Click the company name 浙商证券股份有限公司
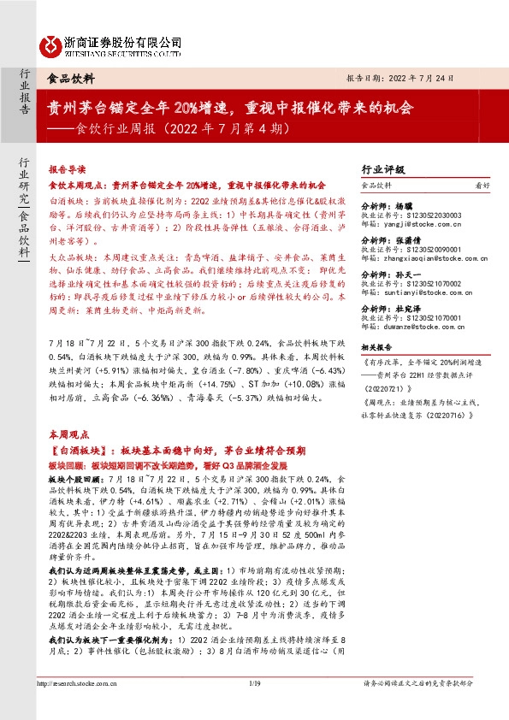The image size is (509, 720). coord(122,40)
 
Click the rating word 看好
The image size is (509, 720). coord(482,184)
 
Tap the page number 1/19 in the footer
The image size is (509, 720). coord(254,706)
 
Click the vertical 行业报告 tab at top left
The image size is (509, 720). coord(26,93)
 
